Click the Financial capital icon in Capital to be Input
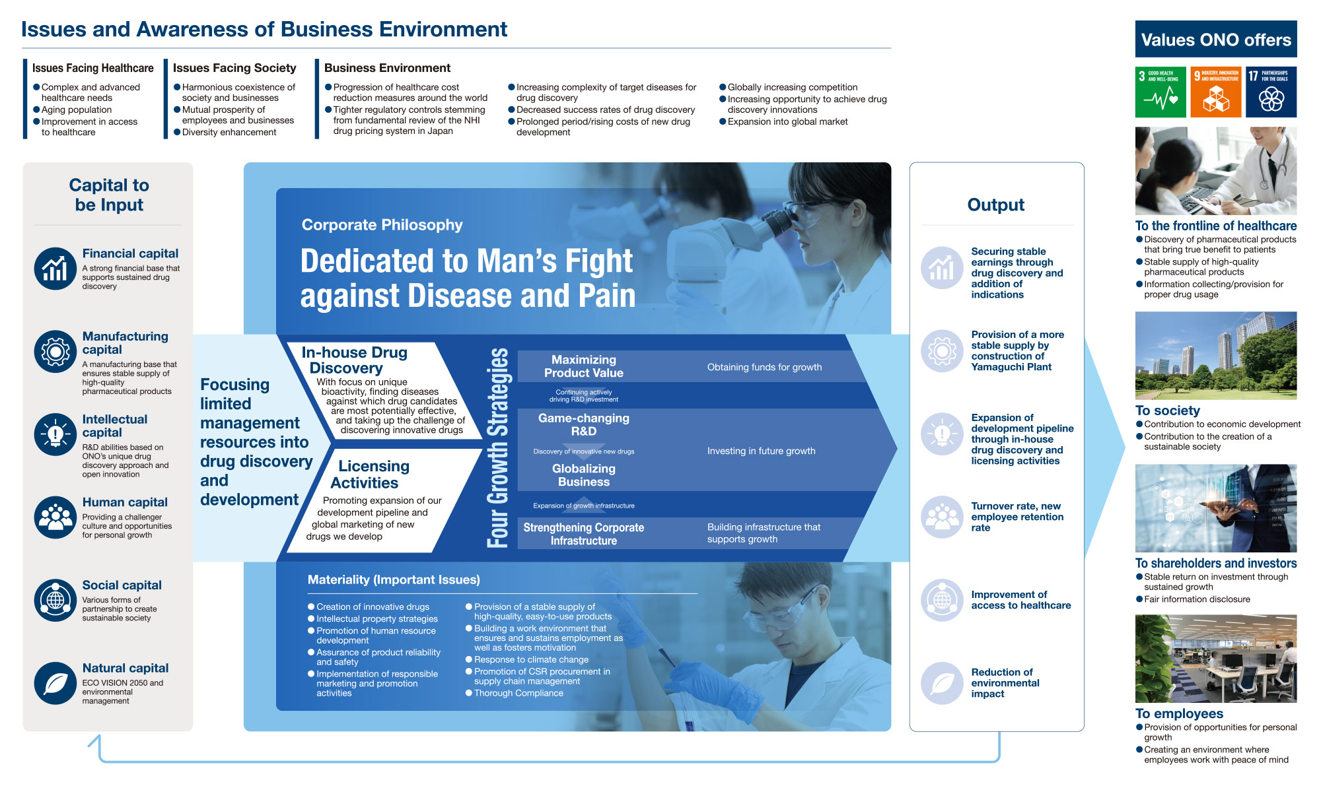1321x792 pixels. [55, 269]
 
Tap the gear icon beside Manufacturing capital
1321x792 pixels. [55, 352]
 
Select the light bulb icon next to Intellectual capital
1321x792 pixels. [55, 435]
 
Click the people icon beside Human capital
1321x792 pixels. [55, 517]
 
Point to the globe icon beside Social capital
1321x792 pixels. [55, 601]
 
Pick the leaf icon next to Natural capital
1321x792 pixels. [55, 684]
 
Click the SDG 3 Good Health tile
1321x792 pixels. [1160, 92]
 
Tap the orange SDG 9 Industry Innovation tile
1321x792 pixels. [1216, 92]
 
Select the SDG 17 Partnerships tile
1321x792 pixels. [1271, 92]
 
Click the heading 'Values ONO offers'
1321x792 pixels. [1216, 40]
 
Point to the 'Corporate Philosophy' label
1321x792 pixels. [382, 225]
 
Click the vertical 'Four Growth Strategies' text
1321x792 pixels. [498, 447]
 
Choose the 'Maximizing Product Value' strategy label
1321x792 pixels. [584, 366]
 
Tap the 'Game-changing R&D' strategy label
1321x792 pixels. [584, 424]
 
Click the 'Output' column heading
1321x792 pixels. [996, 205]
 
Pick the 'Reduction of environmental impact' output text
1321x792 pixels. [1005, 683]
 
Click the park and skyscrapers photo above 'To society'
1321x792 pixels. [1216, 356]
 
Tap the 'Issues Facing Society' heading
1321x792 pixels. [234, 68]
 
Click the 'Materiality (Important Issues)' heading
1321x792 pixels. [394, 579]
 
